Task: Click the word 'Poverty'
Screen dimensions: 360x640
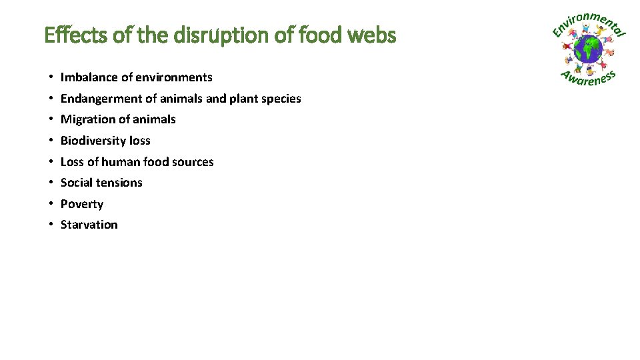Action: (x=82, y=204)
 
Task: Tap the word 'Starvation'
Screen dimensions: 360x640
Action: (x=89, y=225)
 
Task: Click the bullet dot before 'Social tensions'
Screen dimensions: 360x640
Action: (x=51, y=183)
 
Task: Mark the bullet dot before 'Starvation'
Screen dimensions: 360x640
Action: (x=51, y=225)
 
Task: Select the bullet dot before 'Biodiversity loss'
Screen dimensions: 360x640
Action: (x=51, y=141)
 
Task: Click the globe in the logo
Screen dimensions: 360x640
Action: (x=588, y=49)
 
